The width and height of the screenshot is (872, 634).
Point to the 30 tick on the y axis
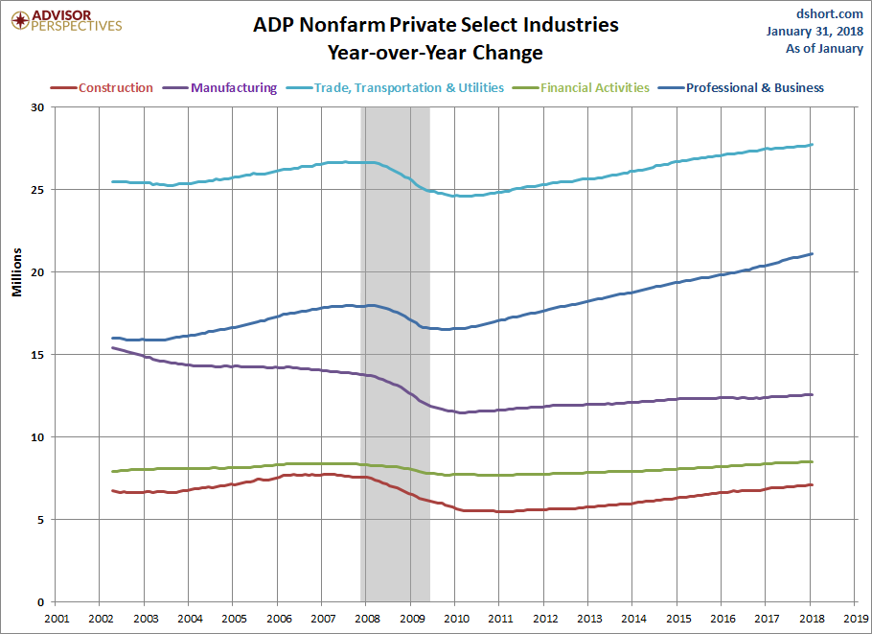(37, 106)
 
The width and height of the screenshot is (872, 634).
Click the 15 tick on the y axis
(37, 355)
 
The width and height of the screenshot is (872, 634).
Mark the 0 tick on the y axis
(40, 602)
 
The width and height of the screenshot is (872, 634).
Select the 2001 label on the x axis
(57, 619)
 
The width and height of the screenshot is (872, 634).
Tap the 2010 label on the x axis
(456, 619)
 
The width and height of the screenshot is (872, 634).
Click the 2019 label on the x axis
(856, 619)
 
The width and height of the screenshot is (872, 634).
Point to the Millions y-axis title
(16, 272)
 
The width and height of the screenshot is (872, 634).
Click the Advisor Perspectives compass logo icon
(20, 21)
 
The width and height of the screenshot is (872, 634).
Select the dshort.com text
(829, 14)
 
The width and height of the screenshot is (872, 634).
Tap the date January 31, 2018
(815, 31)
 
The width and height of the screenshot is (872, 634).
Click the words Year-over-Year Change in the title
(435, 53)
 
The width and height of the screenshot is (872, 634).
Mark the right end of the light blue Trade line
(812, 145)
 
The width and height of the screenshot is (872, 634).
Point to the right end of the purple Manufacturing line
(812, 394)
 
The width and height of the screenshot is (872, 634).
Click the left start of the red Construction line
(113, 490)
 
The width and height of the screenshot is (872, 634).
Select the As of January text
(824, 48)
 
